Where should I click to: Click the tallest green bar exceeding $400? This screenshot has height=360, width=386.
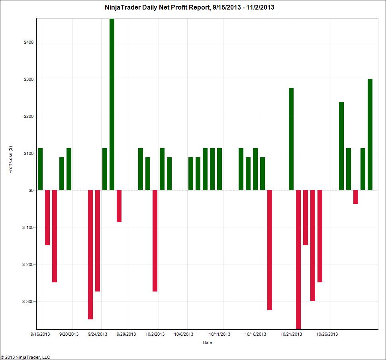(112, 104)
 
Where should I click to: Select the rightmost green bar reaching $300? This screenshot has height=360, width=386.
(370, 135)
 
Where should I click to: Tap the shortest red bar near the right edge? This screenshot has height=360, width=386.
(356, 197)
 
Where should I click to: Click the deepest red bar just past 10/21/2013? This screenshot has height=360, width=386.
(298, 259)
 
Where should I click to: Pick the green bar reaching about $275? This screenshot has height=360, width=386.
(291, 139)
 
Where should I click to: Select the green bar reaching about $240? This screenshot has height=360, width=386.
(341, 146)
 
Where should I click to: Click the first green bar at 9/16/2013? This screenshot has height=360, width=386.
(40, 169)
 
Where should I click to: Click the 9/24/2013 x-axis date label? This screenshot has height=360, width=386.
(97, 335)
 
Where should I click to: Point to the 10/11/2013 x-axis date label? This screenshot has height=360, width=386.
(220, 335)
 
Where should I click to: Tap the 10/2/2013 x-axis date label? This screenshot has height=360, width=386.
(155, 335)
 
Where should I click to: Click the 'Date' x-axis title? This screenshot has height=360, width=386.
(207, 342)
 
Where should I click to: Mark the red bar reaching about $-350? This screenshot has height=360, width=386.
(90, 254)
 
